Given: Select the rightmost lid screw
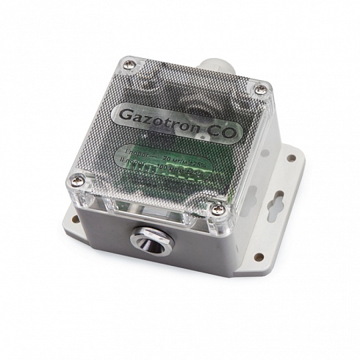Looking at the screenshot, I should coord(262,90).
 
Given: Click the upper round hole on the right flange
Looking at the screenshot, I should coord(292,157).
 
